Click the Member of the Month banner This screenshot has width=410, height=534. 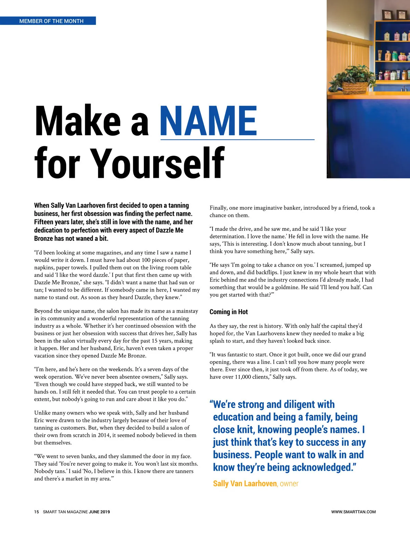pyautogui.click(x=51, y=21)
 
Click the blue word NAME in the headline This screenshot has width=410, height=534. pyautogui.click(x=208, y=121)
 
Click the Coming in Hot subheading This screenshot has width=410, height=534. pyautogui.click(x=229, y=312)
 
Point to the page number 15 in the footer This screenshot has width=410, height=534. pyautogui.click(x=37, y=512)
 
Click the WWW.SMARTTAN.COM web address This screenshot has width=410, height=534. pyautogui.click(x=353, y=512)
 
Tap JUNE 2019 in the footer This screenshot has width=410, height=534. pyautogui.click(x=99, y=512)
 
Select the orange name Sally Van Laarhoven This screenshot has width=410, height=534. pyautogui.click(x=245, y=483)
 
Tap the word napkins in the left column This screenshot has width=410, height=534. pyautogui.click(x=44, y=267)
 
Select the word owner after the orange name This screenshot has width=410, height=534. pyautogui.click(x=289, y=483)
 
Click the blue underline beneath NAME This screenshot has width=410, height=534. pyautogui.click(x=237, y=140)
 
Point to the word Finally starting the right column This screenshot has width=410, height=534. pyautogui.click(x=218, y=208)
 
